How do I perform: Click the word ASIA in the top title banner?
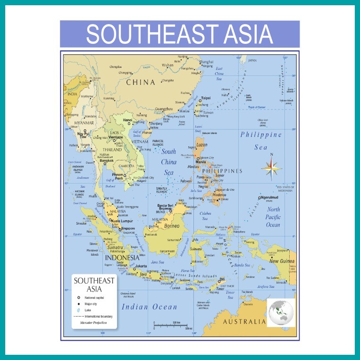click(239, 33)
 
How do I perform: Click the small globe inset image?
click(280, 312)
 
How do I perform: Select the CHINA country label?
click(140, 82)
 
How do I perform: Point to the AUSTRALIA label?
click(244, 322)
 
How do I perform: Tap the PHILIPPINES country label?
click(222, 171)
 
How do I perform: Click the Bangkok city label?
click(106, 160)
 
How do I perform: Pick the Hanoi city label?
click(127, 120)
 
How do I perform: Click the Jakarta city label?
click(141, 266)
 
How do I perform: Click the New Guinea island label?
click(281, 261)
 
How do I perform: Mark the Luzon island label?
click(202, 144)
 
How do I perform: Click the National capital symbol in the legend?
click(78, 298)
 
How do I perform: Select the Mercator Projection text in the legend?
click(93, 323)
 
